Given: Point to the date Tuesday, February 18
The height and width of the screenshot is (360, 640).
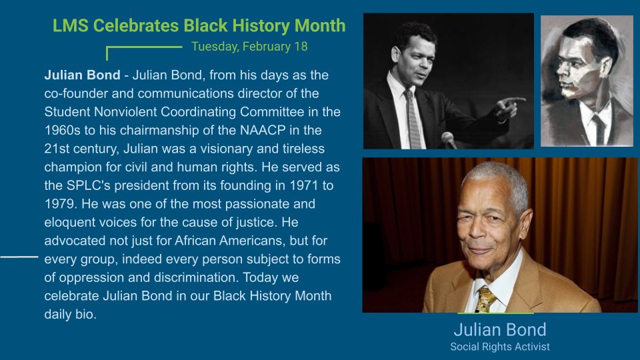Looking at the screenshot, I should click(x=249, y=47).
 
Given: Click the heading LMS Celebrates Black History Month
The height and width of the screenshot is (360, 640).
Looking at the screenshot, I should click(x=199, y=26).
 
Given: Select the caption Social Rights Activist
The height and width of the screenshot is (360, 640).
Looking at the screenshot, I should click(x=499, y=347).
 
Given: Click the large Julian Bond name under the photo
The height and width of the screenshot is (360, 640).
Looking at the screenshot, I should click(x=499, y=329).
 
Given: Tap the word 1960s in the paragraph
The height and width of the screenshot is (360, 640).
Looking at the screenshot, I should click(x=61, y=129).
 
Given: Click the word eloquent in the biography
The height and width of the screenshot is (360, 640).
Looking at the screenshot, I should click(x=69, y=221).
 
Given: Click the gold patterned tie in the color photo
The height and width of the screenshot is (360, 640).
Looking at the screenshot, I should click(x=485, y=298).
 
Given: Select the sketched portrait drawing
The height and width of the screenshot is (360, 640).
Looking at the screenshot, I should click(x=586, y=81).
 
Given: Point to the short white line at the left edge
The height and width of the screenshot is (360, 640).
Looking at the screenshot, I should click(x=19, y=256).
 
